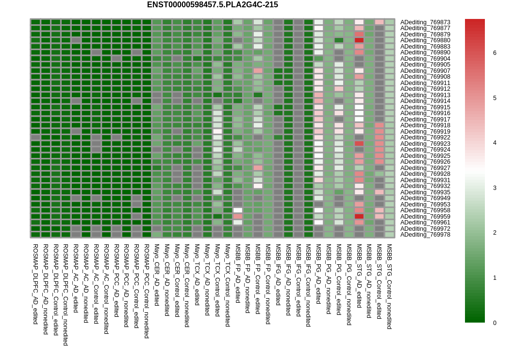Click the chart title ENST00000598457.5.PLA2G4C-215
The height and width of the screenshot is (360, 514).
click(213, 4)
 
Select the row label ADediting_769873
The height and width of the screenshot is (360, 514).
click(425, 22)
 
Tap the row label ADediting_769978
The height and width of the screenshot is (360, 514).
click(425, 235)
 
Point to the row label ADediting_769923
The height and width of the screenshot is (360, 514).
click(425, 144)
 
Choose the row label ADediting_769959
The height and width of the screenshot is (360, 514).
click(425, 217)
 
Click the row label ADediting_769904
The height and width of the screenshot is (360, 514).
click(425, 59)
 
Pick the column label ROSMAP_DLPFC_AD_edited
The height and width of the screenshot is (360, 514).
click(35, 284)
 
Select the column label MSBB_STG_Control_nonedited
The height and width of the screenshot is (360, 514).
click(389, 287)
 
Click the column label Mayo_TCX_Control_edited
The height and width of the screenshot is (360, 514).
click(217, 280)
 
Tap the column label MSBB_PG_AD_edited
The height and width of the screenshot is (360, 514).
click(318, 274)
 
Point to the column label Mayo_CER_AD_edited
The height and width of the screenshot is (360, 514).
click(157, 275)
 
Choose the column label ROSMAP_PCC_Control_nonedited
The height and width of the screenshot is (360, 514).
click(147, 291)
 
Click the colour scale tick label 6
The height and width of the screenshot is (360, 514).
click(495, 53)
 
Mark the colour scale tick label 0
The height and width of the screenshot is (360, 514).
click(495, 323)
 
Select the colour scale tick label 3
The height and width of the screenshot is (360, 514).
click(495, 188)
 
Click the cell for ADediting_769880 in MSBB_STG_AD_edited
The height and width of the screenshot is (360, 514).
click(359, 40)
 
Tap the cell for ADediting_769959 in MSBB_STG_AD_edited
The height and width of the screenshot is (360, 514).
click(359, 217)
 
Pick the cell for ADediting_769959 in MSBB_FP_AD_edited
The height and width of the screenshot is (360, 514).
click(238, 217)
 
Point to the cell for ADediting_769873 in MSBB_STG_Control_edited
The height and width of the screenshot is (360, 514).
click(379, 22)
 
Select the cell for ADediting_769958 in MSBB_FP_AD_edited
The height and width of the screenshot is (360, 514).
click(238, 210)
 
